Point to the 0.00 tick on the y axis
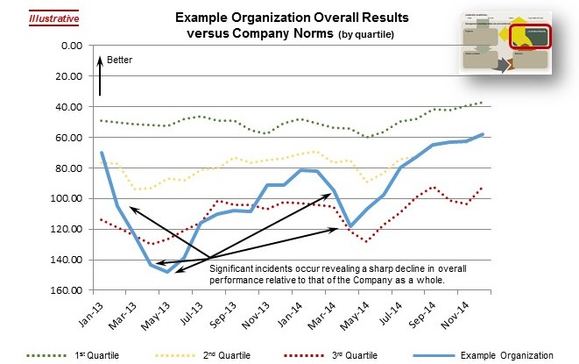click(69, 46)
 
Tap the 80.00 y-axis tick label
click(67, 168)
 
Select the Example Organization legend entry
click(511, 355)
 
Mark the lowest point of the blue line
click(167, 272)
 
